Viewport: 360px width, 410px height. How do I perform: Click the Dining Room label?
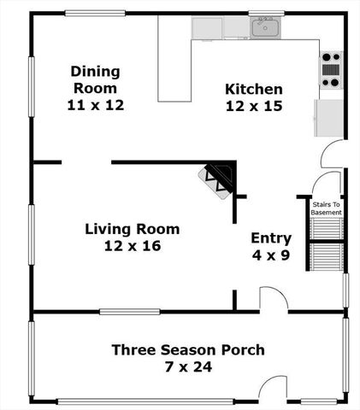pyautogui.click(x=95, y=79)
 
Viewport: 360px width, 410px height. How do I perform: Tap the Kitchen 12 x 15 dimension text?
pyautogui.click(x=254, y=107)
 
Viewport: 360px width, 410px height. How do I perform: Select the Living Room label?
pyautogui.click(x=132, y=229)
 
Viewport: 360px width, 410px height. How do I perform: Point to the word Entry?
pyautogui.click(x=271, y=238)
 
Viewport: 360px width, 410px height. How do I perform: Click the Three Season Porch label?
pyautogui.click(x=188, y=350)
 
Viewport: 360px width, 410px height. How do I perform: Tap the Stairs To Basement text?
pyautogui.click(x=326, y=208)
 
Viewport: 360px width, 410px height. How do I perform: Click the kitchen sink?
pyautogui.click(x=266, y=28)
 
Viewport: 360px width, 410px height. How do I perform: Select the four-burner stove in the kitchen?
pyautogui.click(x=330, y=68)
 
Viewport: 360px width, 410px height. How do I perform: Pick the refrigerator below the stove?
pyautogui.click(x=328, y=118)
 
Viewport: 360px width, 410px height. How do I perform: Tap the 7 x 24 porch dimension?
pyautogui.click(x=188, y=368)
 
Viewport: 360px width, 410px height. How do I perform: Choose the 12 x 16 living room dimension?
pyautogui.click(x=132, y=246)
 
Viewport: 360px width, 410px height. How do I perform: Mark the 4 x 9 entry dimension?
pyautogui.click(x=271, y=255)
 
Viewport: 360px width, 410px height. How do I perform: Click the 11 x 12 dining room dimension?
pyautogui.click(x=95, y=104)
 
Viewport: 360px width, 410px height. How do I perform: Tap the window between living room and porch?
pyautogui.click(x=129, y=312)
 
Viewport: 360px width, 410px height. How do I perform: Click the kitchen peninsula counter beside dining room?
pyautogui.click(x=174, y=68)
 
